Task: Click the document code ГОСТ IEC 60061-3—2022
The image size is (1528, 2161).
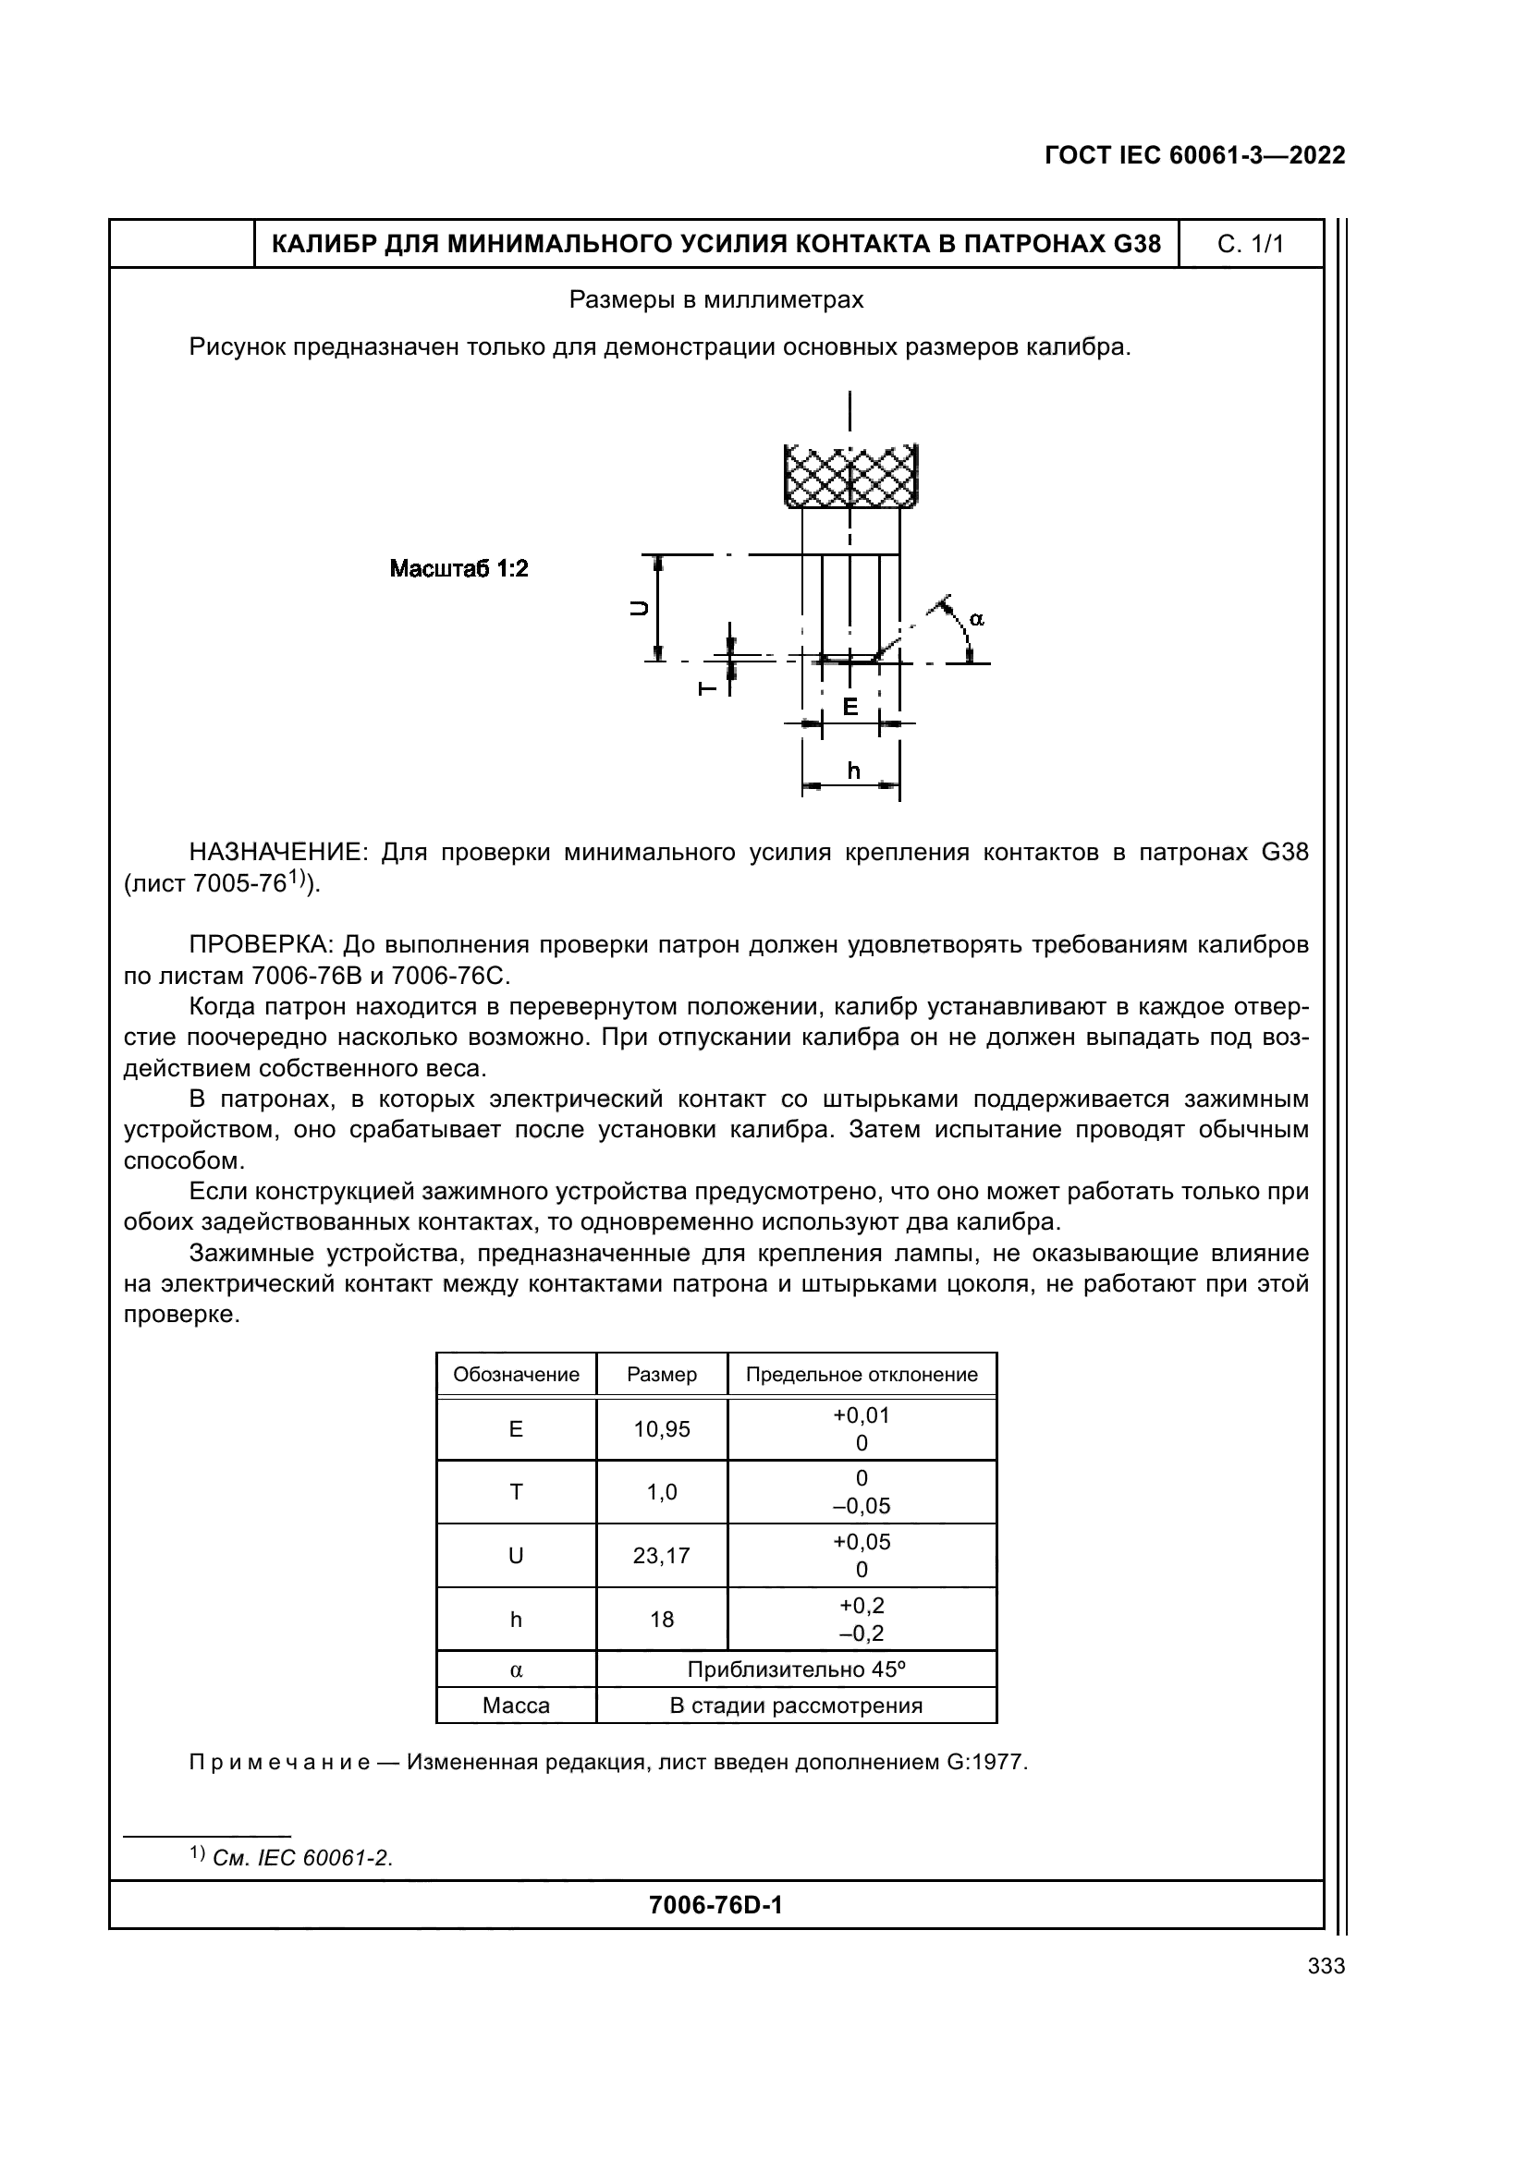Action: click(1193, 156)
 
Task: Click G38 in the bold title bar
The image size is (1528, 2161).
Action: click(1136, 245)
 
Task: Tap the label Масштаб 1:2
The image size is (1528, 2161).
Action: click(458, 568)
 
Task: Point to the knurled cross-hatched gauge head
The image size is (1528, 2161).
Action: click(850, 476)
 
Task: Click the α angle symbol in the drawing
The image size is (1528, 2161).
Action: click(976, 618)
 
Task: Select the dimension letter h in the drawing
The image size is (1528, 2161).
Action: click(852, 771)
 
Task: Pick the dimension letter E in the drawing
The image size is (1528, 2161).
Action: click(850, 706)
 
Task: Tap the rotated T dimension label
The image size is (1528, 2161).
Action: click(708, 689)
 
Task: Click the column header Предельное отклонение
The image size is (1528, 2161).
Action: click(861, 1374)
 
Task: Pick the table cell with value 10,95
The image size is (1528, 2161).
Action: click(661, 1429)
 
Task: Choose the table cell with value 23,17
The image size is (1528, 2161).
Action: click(661, 1556)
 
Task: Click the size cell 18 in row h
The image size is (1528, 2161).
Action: click(661, 1619)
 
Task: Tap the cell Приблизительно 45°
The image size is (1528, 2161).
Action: click(796, 1669)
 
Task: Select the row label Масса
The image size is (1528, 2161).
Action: click(515, 1706)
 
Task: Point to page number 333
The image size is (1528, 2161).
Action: click(1326, 1966)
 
